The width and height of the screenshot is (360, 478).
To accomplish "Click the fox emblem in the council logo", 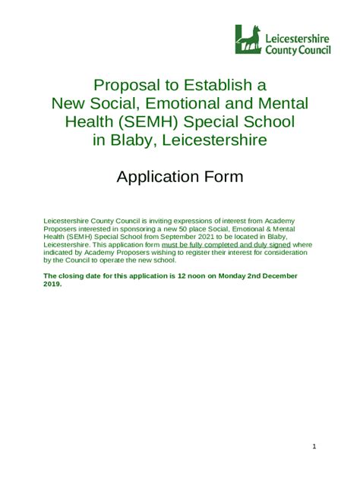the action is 248,39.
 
